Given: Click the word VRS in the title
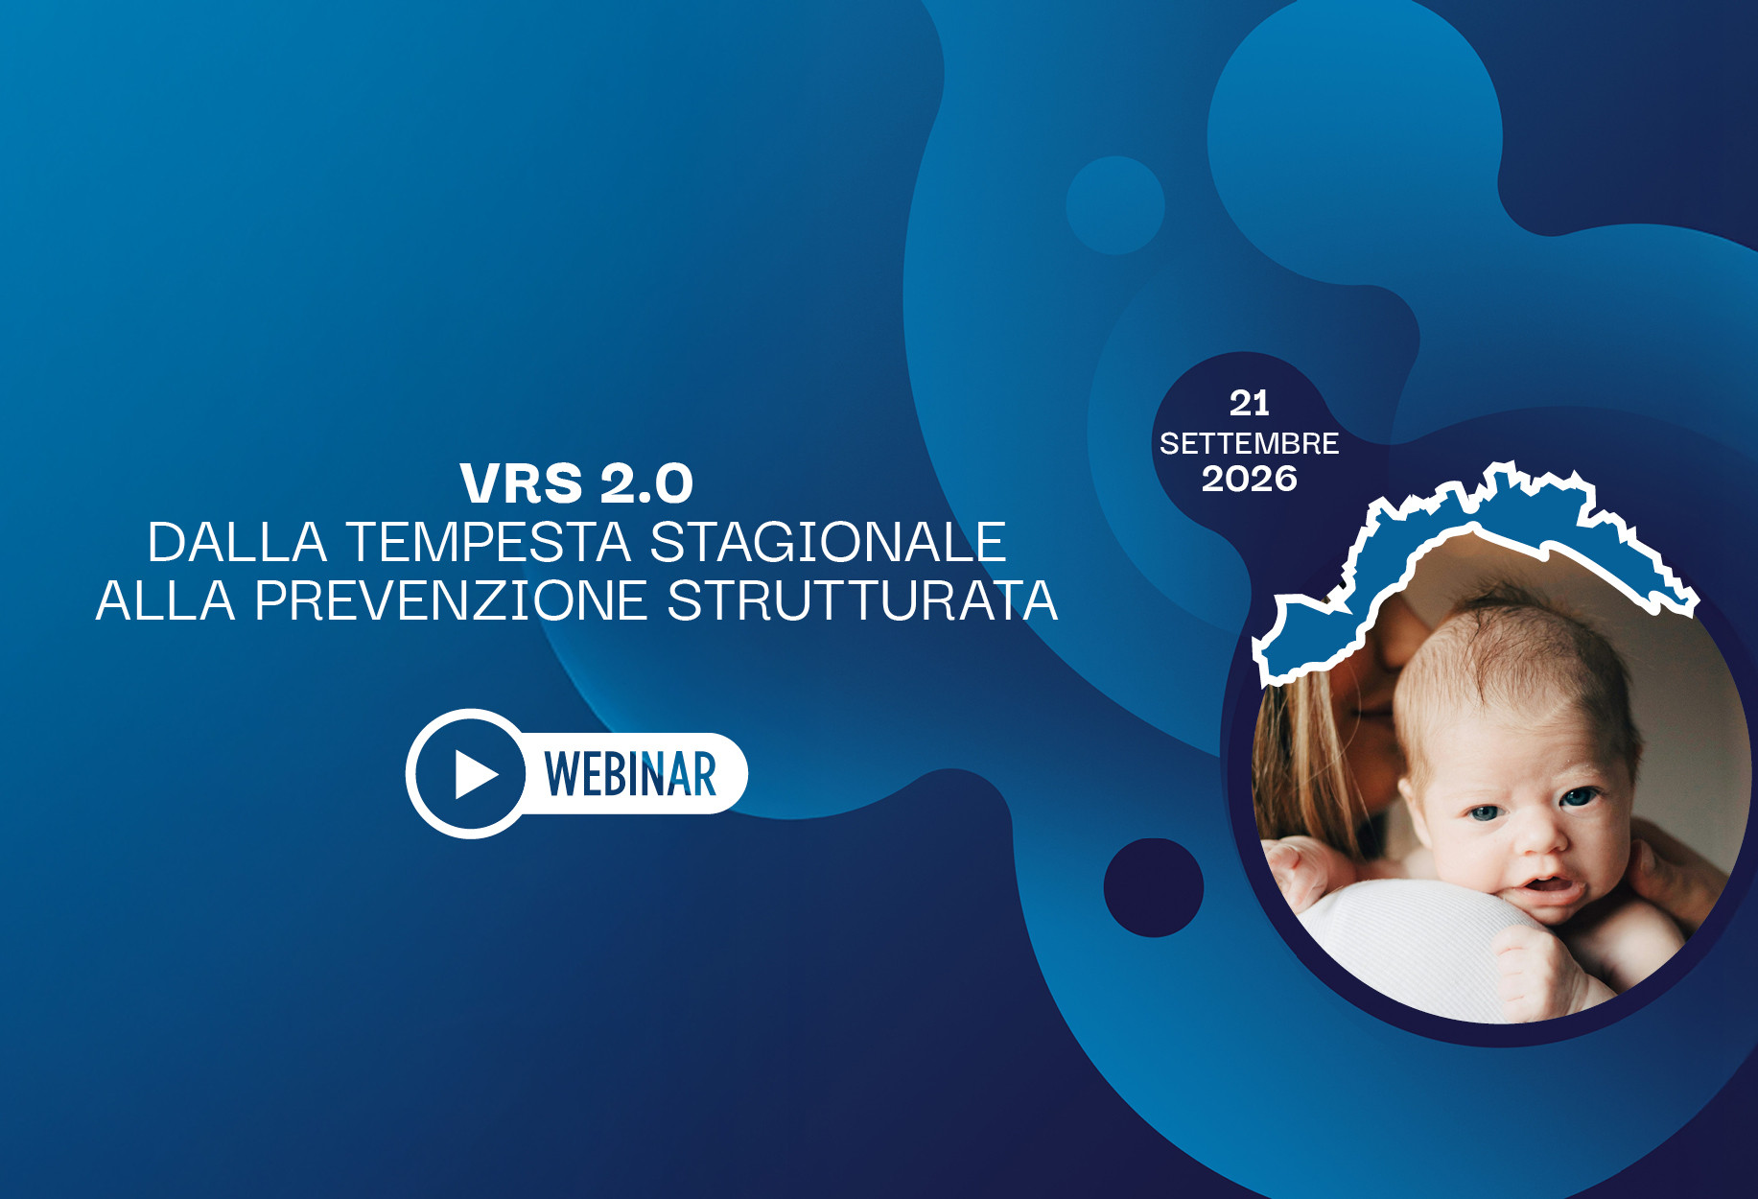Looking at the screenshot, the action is tap(521, 482).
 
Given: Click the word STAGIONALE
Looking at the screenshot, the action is tap(828, 542).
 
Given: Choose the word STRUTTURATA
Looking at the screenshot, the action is tap(861, 601).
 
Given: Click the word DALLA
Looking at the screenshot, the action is tap(237, 542).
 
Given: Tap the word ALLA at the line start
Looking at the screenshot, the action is tap(166, 601).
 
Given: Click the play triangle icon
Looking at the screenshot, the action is tap(476, 774).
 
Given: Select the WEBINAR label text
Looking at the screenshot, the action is tap(630, 774).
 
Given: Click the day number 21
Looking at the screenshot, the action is tap(1249, 404).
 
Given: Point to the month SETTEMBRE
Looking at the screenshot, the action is tap(1249, 443).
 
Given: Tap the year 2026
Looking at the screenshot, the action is tap(1249, 479).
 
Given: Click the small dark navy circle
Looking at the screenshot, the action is tap(1153, 887).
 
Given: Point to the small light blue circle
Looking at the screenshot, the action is tap(1114, 205).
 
